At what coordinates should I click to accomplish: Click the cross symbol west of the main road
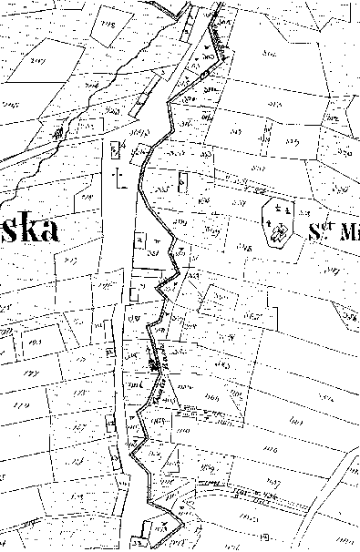pyautogui.click(x=116, y=173)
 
